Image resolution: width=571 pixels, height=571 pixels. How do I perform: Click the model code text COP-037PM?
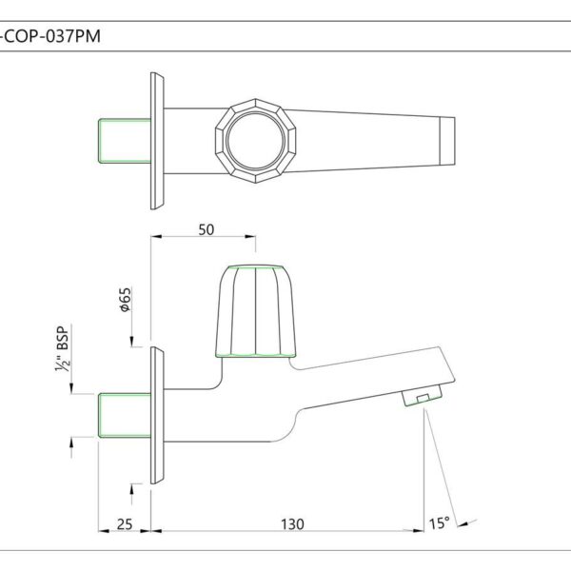[51, 37]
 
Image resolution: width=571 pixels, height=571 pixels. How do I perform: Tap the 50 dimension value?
[207, 229]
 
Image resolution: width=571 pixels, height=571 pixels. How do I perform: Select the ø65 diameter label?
[126, 300]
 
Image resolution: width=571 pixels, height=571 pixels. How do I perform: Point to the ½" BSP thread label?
[63, 348]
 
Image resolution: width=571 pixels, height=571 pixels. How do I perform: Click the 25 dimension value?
[125, 524]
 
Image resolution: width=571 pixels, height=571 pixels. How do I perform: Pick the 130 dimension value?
[292, 524]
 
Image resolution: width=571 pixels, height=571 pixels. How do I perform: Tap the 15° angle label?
[439, 523]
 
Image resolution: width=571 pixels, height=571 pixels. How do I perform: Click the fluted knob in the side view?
[256, 311]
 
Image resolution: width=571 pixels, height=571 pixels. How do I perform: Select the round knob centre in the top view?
[256, 141]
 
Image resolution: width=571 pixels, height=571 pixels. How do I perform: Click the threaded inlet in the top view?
[125, 141]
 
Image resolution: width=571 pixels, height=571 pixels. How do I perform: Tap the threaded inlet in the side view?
[125, 415]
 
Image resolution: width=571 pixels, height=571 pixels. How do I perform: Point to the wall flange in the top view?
[157, 141]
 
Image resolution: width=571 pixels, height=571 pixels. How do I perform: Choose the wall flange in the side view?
[157, 415]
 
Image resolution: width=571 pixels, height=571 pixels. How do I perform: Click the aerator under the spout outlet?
[423, 395]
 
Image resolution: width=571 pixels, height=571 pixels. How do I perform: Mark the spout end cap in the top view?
[447, 141]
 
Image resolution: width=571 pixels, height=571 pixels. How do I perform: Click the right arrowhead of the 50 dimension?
[250, 237]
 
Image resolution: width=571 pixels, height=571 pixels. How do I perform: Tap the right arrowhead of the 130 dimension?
[419, 531]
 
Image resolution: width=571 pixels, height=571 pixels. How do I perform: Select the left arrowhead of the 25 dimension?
[104, 531]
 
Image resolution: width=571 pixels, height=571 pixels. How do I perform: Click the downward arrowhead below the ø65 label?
[132, 342]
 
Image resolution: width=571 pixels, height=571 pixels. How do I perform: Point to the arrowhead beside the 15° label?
[463, 524]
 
